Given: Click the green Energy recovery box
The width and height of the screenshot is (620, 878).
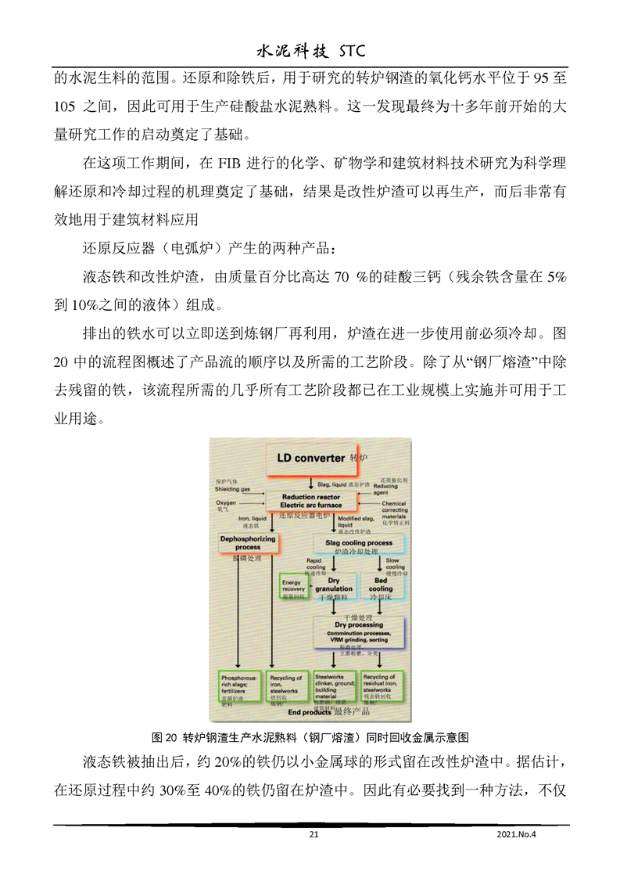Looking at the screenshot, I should coord(293,587).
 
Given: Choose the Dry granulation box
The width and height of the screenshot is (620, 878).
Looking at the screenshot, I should coord(334,586).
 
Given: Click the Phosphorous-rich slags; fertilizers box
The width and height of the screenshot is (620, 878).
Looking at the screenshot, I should coord(239,688).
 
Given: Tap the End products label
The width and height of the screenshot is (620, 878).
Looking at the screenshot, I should coord(309,713).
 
